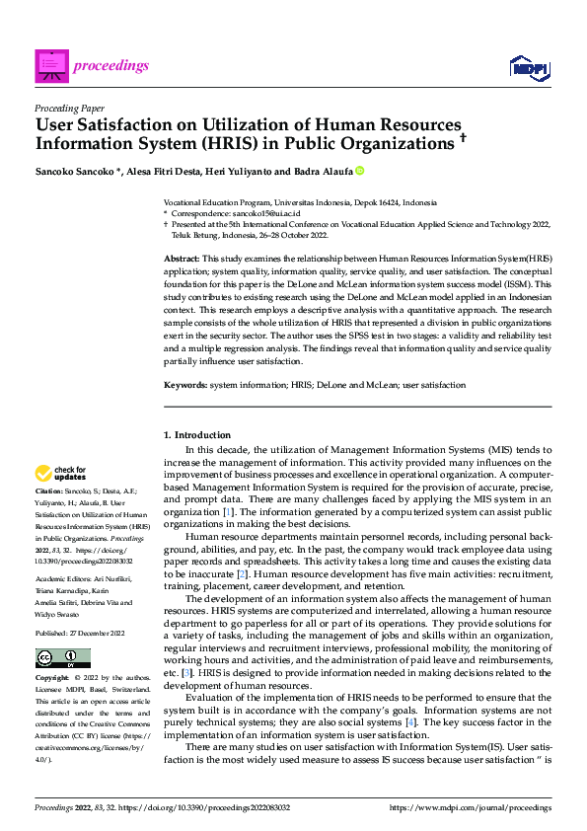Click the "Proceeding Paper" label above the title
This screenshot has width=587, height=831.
(70, 109)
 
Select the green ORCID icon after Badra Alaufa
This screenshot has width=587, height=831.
(360, 170)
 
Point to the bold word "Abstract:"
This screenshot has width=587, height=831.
(183, 257)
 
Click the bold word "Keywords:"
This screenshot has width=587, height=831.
(185, 385)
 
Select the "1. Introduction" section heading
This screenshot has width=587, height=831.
(197, 435)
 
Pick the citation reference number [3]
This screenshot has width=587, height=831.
(200, 672)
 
